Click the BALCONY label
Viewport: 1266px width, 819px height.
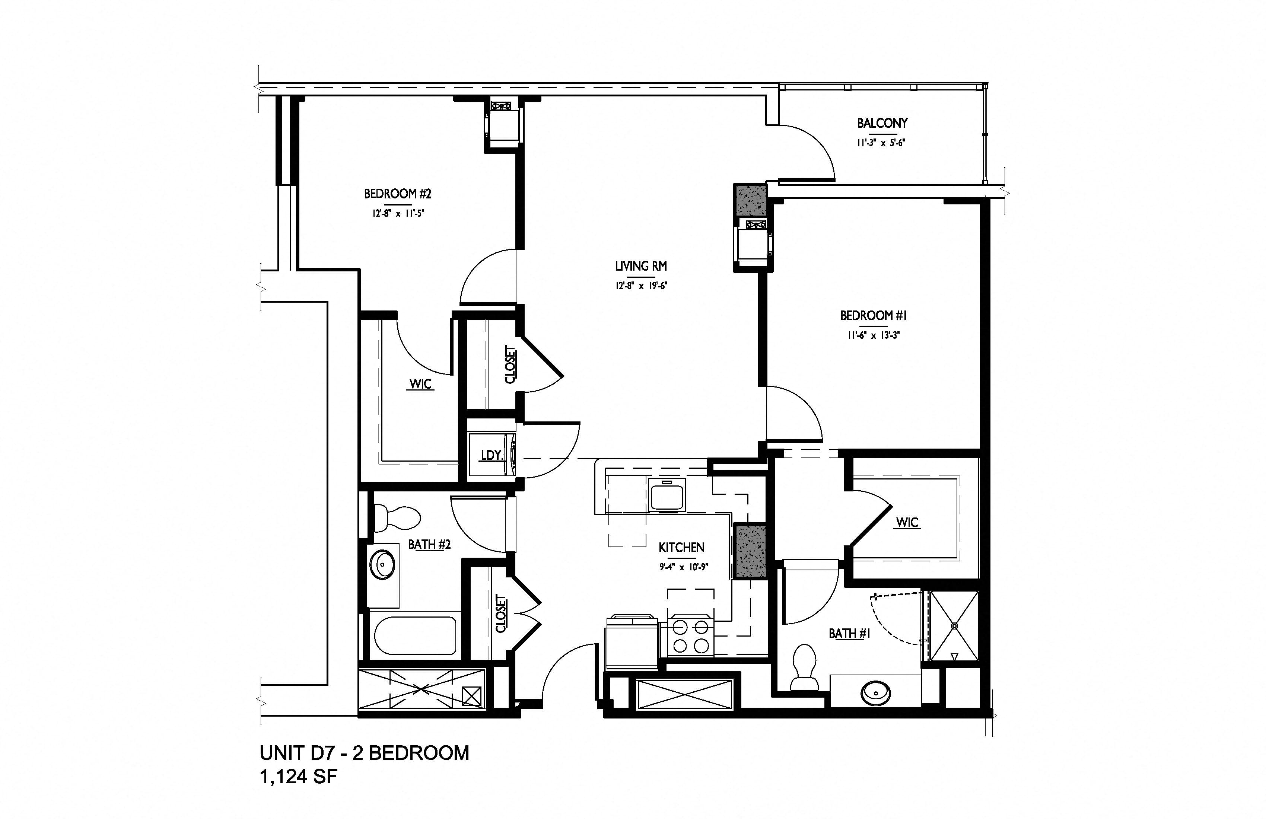point(882,123)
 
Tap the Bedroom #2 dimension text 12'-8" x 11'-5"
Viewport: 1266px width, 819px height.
point(398,214)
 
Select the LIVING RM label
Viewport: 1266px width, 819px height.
point(641,266)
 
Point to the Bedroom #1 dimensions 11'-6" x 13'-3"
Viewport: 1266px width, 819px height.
point(874,335)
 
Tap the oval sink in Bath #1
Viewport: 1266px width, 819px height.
point(875,692)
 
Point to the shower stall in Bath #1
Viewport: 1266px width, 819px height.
point(954,626)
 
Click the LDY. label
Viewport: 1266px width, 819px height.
point(492,455)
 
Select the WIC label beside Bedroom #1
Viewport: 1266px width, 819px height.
point(907,522)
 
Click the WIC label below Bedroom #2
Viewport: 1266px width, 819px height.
point(421,384)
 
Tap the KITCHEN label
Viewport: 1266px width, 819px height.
point(681,547)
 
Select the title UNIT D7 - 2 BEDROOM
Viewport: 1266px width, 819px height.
point(365,753)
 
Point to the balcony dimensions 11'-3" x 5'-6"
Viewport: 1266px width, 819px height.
point(881,143)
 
